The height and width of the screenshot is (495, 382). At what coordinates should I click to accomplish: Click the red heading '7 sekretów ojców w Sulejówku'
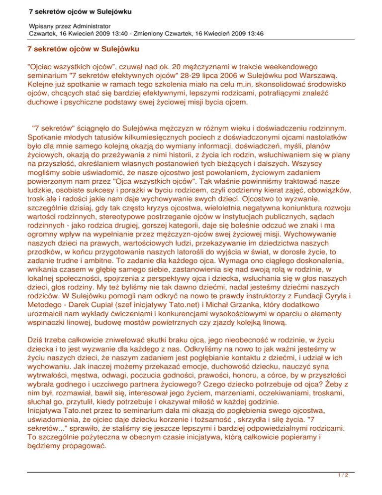click(83, 49)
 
